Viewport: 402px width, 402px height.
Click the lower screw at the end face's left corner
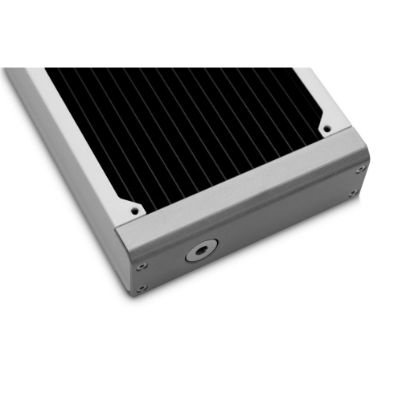point(141,287)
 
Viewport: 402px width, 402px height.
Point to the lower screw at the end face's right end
point(352,194)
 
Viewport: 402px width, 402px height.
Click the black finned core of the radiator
point(185,129)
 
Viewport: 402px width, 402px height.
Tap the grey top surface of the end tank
point(241,189)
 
